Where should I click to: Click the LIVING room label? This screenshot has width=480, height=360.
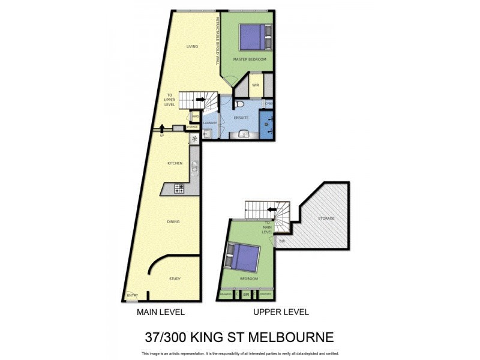point(192,46)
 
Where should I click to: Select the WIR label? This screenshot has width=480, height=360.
point(255,85)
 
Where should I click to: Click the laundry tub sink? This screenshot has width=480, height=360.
point(207,134)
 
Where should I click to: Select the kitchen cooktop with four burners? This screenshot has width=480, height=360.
point(179,189)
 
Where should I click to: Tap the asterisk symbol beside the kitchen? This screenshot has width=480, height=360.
point(194,139)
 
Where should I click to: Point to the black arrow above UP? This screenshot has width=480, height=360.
point(162,127)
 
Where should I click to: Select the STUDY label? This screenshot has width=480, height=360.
point(175,278)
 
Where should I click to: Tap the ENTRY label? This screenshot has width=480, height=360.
point(132,295)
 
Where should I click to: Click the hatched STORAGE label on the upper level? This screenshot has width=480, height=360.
point(326,218)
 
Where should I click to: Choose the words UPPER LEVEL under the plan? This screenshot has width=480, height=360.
point(281,312)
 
